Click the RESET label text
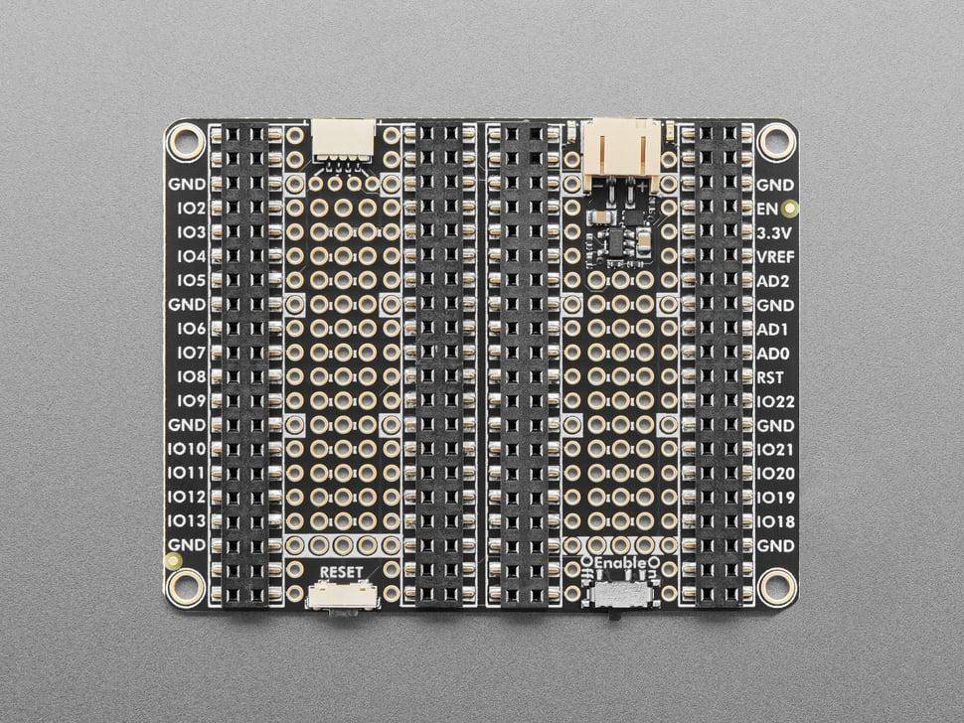click(x=342, y=571)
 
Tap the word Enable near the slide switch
click(x=621, y=563)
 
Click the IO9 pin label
click(x=192, y=400)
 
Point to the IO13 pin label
click(x=187, y=520)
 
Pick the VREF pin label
click(x=776, y=256)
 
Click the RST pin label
click(x=771, y=376)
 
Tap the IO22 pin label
click(x=775, y=401)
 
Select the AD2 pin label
click(x=773, y=280)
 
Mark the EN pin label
click(x=766, y=209)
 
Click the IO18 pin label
click(x=775, y=521)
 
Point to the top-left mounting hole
click(x=185, y=142)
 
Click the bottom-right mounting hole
click(x=776, y=587)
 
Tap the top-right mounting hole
click(x=776, y=142)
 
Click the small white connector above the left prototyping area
click(x=344, y=139)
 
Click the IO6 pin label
click(x=192, y=328)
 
